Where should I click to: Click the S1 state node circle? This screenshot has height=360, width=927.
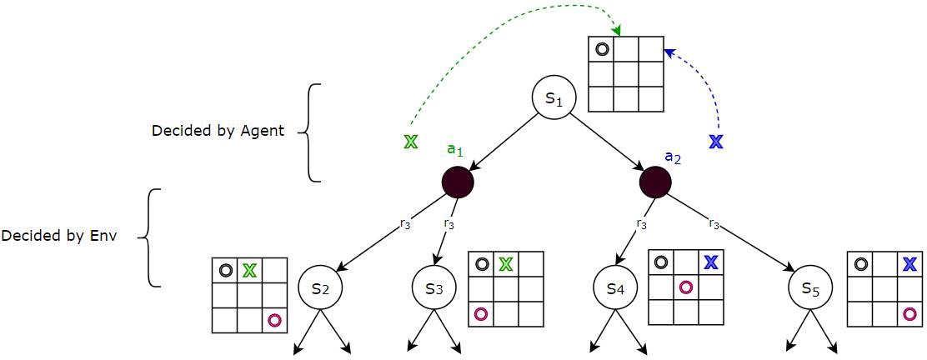[555, 97]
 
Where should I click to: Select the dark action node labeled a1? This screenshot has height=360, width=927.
[458, 182]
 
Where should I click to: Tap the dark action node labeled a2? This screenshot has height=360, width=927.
[655, 182]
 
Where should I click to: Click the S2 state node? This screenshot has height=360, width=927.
[321, 288]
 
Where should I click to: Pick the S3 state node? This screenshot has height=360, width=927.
[434, 288]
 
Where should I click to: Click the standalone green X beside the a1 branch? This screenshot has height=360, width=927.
[409, 141]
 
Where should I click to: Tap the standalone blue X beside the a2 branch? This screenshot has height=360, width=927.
[715, 141]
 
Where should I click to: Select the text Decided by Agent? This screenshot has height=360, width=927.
[218, 131]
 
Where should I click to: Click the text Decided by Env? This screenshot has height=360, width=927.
[59, 236]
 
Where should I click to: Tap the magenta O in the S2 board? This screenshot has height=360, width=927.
[274, 319]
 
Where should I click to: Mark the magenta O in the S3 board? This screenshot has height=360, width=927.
[481, 313]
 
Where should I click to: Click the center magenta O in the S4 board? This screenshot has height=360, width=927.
[685, 287]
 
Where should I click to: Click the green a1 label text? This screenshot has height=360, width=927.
[454, 150]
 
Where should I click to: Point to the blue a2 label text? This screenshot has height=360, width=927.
[674, 156]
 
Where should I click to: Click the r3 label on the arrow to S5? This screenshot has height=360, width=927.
[715, 223]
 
